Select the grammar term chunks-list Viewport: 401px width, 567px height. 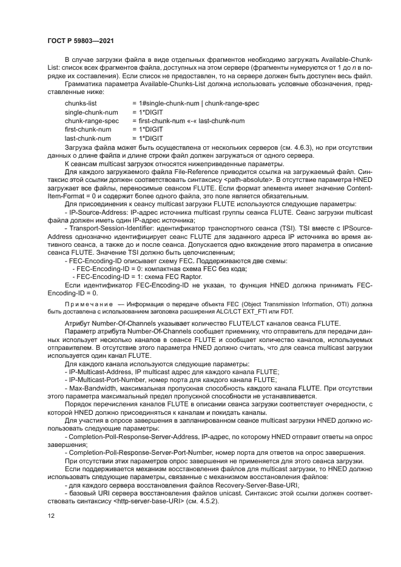(x=80, y=104)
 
